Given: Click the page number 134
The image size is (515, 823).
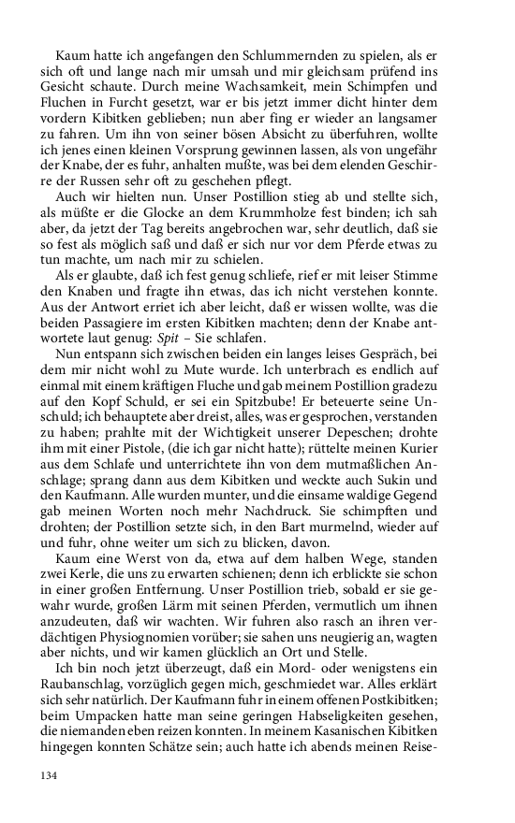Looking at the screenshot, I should [x=49, y=774].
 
